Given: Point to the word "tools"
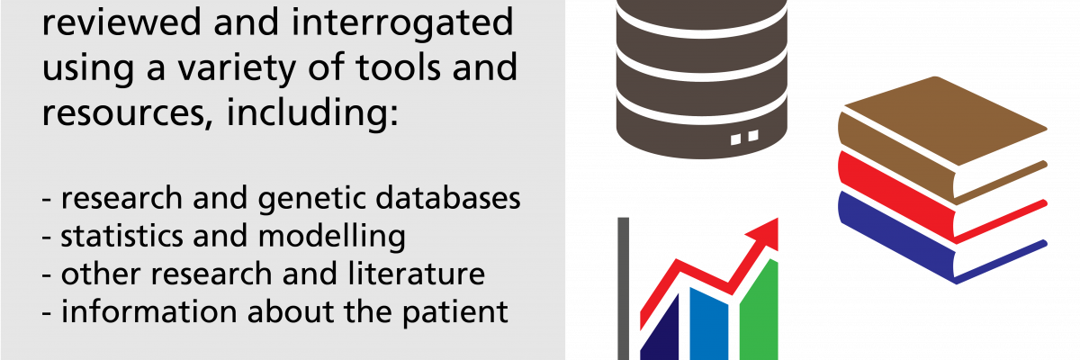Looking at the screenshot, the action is click(x=398, y=67).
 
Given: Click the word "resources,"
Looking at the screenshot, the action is click(x=127, y=113).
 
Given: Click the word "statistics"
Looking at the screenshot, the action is click(x=121, y=235).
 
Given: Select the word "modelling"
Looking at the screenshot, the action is click(x=332, y=236).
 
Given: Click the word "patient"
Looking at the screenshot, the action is click(x=455, y=310).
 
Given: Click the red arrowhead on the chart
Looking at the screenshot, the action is click(x=764, y=233).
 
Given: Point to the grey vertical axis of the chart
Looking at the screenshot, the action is click(x=624, y=289).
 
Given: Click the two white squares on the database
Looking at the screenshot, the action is click(x=744, y=138).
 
